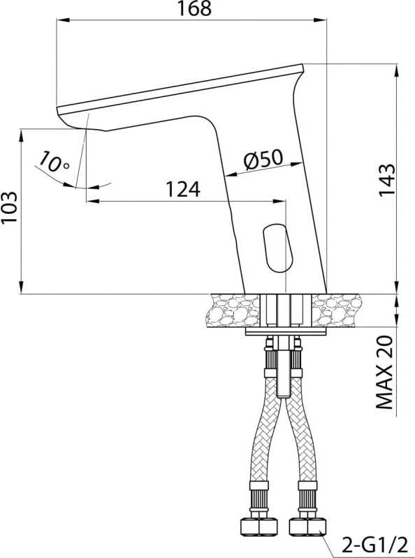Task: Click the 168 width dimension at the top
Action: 194,8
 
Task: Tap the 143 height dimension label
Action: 387,179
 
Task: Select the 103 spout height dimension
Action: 9,207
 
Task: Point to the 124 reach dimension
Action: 183,189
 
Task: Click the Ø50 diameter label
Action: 263,159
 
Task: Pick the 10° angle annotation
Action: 54,162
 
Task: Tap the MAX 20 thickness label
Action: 385,372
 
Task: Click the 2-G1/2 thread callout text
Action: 374,545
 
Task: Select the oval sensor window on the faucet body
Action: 278,248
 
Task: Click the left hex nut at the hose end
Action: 259,527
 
